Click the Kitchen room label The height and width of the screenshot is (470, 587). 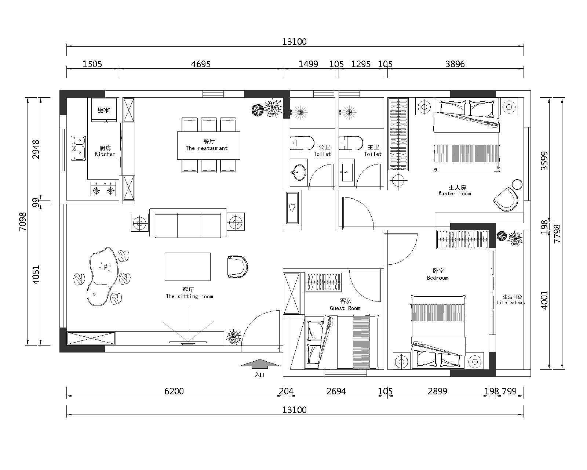point(105,154)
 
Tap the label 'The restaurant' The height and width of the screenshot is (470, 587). point(207,148)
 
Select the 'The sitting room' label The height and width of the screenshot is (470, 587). point(189,296)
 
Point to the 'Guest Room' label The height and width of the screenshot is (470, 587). point(345,308)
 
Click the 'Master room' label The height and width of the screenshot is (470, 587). point(455,194)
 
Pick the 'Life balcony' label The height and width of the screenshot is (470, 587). point(511,302)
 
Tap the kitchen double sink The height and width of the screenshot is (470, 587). point(78,148)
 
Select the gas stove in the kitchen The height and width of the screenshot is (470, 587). point(103,189)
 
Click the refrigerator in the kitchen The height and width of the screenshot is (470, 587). point(104,110)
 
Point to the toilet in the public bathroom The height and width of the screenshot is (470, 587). point(302,143)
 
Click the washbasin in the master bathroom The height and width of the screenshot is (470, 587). point(347,173)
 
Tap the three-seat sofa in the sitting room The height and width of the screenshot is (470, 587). point(188,223)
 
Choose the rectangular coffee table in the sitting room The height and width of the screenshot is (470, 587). point(187,267)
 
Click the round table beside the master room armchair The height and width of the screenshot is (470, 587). point(517,184)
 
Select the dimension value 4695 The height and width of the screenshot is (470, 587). point(200,64)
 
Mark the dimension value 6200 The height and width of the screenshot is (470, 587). point(174,391)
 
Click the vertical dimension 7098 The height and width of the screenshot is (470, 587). point(23,221)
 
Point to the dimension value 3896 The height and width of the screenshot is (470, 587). point(455,64)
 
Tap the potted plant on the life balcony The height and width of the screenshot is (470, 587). point(510,237)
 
